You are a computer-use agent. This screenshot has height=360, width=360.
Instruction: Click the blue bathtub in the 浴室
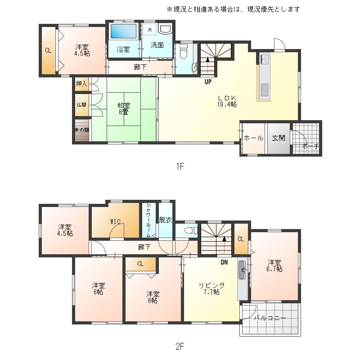pos(123,31)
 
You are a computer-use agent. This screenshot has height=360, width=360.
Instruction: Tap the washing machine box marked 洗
pos(150,29)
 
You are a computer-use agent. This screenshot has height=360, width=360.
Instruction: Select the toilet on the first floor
pos(184,51)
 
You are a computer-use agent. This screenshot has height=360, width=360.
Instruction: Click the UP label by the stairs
pos(208,82)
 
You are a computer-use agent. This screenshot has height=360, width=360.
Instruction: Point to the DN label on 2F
pos(224,262)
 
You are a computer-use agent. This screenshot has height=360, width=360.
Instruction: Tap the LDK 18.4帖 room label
pos(227,101)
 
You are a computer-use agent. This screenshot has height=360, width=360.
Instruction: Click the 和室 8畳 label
pos(124,109)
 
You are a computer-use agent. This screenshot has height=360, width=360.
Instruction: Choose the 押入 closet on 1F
pos(82,84)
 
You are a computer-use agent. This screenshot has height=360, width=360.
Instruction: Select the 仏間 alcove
pos(82,105)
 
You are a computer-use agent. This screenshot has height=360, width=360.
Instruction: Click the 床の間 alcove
pos(82,130)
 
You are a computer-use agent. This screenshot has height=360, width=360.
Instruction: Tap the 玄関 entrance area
pos(279,138)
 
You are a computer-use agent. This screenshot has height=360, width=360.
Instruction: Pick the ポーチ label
pos(310,146)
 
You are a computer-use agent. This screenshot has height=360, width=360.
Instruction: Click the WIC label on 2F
pos(115,222)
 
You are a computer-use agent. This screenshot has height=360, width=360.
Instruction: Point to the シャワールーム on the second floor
pos(149,220)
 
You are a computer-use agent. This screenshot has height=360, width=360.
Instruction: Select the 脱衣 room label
pos(166,220)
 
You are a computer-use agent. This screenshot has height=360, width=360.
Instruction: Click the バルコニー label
pos(270,318)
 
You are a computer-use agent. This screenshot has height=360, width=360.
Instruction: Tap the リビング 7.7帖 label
pos(211,289)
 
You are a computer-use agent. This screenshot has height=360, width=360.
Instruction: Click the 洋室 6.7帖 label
pos(274,266)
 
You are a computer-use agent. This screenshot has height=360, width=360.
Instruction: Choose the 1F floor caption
pos(180,166)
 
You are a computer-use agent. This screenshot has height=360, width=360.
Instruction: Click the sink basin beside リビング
pos(242,270)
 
